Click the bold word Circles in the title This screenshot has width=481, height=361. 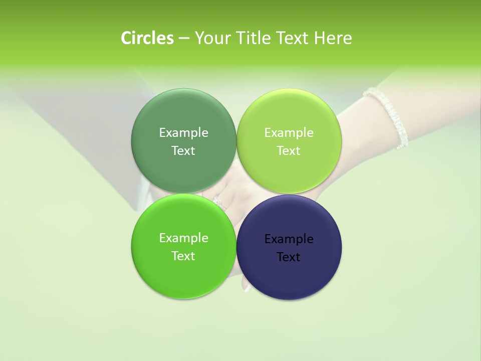[x=147, y=38]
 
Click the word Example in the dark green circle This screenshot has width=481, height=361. [x=183, y=133]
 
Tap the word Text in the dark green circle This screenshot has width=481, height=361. [x=183, y=151]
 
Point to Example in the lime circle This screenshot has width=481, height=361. [x=289, y=133]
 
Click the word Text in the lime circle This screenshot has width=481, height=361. [x=289, y=151]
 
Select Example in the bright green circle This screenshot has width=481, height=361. [x=183, y=238]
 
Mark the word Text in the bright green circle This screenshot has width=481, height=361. [x=183, y=256]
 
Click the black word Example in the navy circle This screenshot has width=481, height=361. [x=289, y=239]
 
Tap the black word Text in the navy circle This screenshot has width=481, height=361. [x=289, y=257]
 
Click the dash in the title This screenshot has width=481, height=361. [x=183, y=39]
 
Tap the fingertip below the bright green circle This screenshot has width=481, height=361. [x=246, y=287]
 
